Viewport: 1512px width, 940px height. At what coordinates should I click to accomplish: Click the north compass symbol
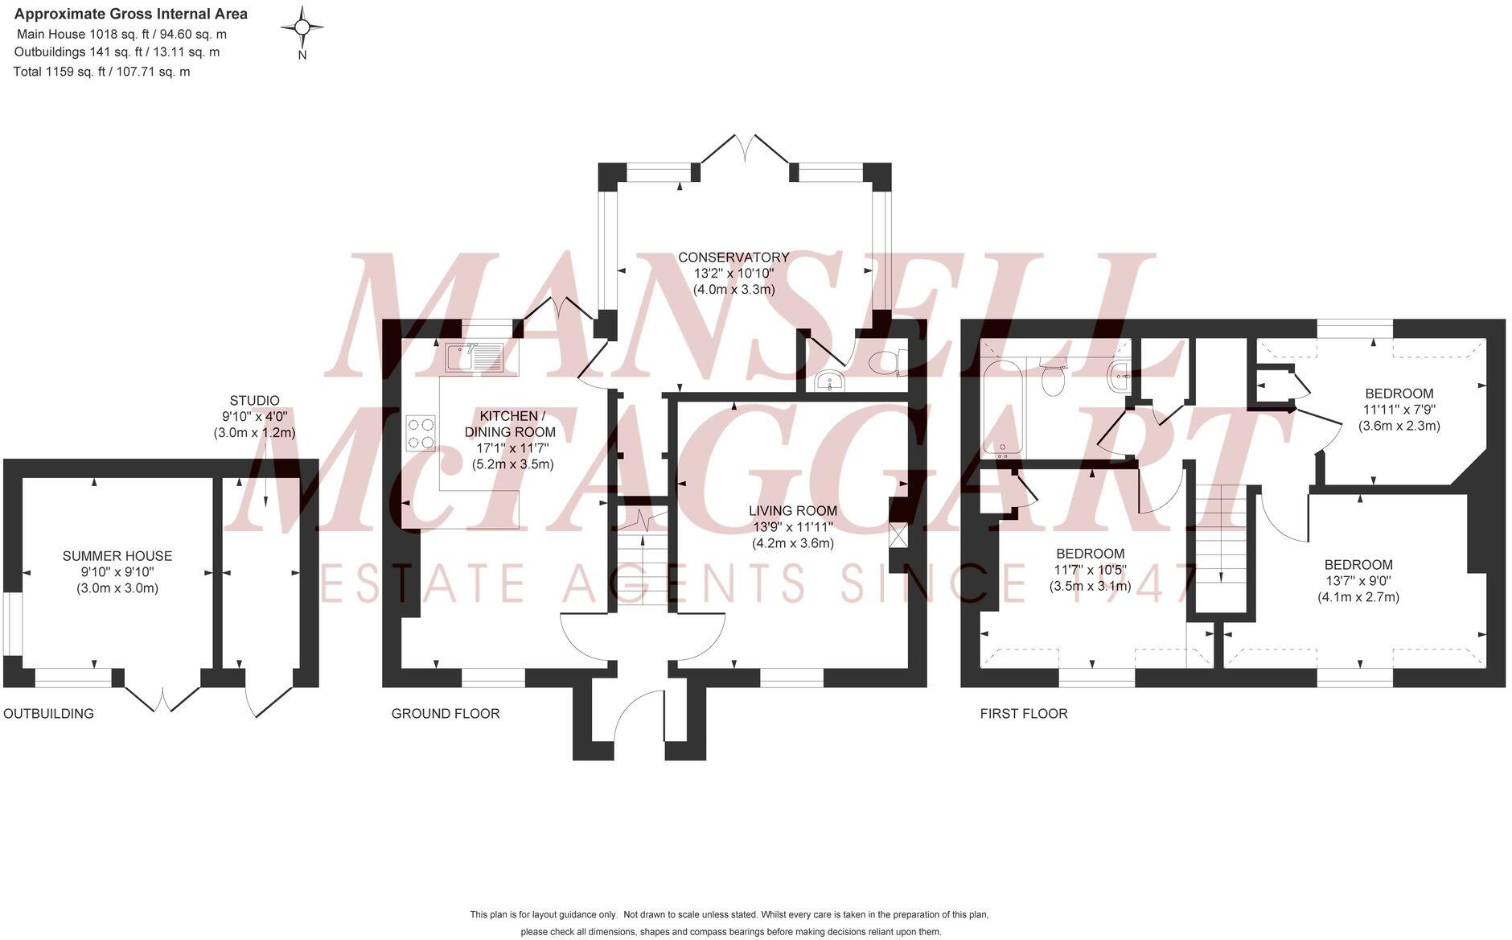click(302, 29)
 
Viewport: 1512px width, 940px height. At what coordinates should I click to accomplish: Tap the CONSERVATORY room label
click(733, 258)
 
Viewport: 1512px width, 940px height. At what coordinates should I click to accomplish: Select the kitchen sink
click(474, 358)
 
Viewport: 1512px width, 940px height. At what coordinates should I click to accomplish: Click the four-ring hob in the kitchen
click(421, 432)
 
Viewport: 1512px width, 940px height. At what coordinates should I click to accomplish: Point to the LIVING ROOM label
click(792, 511)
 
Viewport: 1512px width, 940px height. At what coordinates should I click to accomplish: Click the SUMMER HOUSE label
click(117, 556)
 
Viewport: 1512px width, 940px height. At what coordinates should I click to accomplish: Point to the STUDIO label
click(254, 401)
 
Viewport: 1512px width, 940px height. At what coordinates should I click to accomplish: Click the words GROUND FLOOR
click(445, 714)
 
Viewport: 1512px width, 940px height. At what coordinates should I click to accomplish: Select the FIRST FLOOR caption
click(1023, 714)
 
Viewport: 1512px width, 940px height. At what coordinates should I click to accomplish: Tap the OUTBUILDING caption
click(48, 714)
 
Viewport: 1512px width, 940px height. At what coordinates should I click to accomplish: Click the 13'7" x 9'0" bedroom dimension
click(1358, 581)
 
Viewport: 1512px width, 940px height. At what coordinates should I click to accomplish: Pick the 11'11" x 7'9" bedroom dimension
click(1399, 410)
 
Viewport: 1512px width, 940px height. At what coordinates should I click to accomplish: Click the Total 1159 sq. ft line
click(102, 72)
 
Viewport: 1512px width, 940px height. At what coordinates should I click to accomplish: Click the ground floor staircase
click(643, 563)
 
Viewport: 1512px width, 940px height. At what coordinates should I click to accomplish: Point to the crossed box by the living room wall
click(898, 535)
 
